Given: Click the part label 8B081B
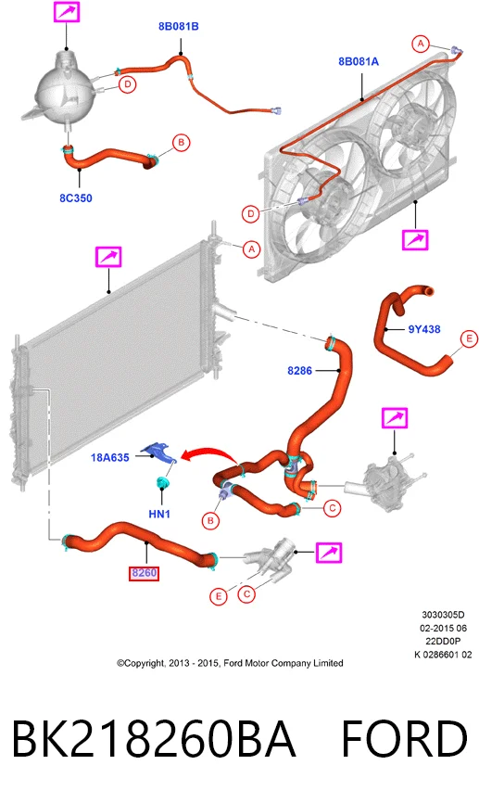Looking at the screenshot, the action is click(x=178, y=27).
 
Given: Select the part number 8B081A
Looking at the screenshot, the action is click(x=359, y=61).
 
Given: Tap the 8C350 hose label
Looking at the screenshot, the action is click(x=76, y=198).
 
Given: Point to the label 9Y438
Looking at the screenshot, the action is click(x=424, y=329).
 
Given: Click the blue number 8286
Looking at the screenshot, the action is click(x=299, y=370).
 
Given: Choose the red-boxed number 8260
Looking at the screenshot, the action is click(x=144, y=573).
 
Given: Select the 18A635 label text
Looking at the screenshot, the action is click(x=110, y=457).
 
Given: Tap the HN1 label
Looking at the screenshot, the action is click(x=159, y=513).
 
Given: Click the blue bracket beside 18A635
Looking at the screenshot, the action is click(x=159, y=453).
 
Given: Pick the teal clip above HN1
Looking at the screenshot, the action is click(x=163, y=482).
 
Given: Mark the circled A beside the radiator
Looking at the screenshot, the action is click(x=251, y=249).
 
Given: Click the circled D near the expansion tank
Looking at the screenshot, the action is click(x=128, y=84).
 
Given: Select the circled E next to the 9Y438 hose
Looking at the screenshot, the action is click(x=469, y=338).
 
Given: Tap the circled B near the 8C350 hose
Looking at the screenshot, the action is click(x=181, y=143).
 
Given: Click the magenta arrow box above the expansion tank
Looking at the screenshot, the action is click(x=67, y=11).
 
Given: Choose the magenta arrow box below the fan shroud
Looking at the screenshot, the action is click(x=414, y=239).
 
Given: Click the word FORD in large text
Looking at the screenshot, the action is click(x=404, y=738).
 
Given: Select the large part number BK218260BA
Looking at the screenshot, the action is click(x=154, y=738).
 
